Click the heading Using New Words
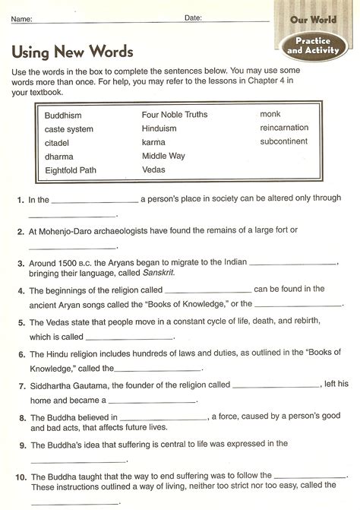(73, 52)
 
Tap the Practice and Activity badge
(311, 45)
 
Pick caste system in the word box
(69, 129)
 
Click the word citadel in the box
(58, 143)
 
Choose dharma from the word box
(59, 157)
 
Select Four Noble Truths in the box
(175, 115)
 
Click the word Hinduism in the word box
(159, 128)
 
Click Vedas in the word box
(153, 169)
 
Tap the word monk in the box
(270, 114)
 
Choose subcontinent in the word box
(283, 141)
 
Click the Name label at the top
(22, 17)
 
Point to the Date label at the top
(193, 17)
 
